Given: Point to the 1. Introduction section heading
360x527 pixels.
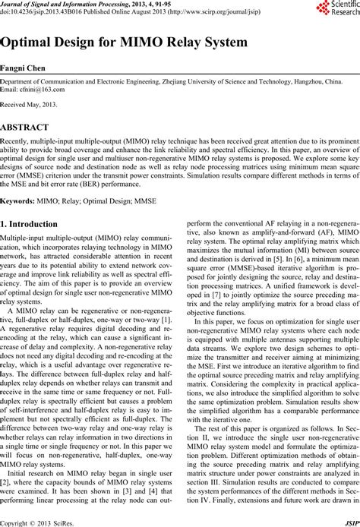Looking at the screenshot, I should (37, 225).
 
